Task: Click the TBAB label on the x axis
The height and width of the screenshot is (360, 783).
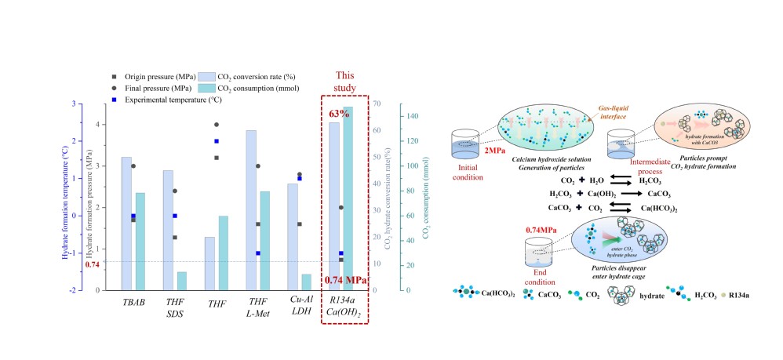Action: [x=133, y=303]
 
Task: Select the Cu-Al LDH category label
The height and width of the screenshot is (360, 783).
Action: [x=303, y=307]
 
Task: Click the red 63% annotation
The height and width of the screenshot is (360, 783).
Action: [x=339, y=114]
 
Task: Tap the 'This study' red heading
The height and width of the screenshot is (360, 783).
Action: [x=345, y=81]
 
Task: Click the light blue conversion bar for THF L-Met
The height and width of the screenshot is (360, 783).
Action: [x=251, y=210]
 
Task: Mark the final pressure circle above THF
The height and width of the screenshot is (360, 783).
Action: [x=217, y=125]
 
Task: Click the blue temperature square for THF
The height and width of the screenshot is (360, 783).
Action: [x=217, y=141]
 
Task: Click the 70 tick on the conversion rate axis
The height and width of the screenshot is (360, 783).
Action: [x=377, y=104]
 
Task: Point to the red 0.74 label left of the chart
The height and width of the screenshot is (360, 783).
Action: [x=93, y=264]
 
